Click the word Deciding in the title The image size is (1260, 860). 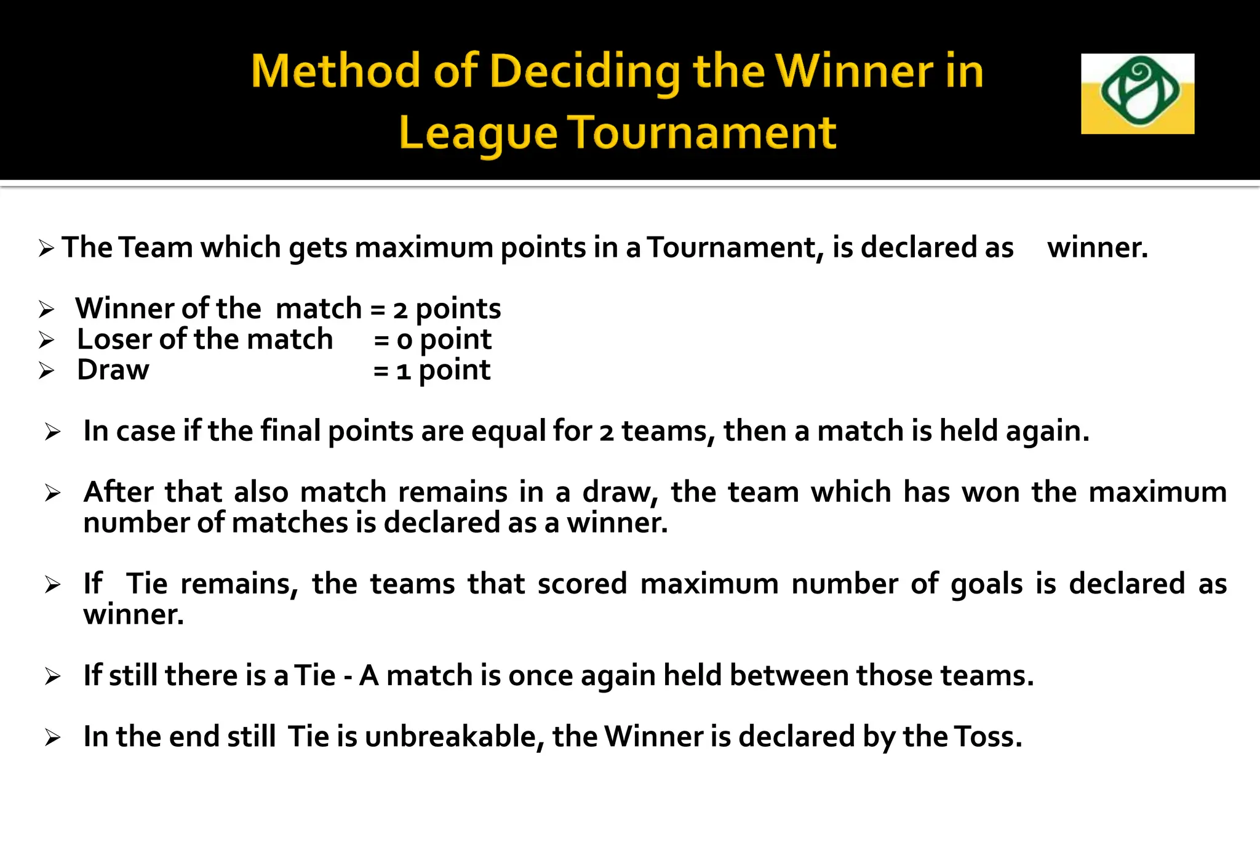tap(584, 72)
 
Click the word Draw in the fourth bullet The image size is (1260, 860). tap(113, 370)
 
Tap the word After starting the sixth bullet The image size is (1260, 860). tap(118, 492)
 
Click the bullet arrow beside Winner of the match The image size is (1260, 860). tap(46, 309)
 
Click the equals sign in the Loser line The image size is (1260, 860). tap(381, 340)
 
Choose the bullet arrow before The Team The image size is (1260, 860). tap(46, 249)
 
